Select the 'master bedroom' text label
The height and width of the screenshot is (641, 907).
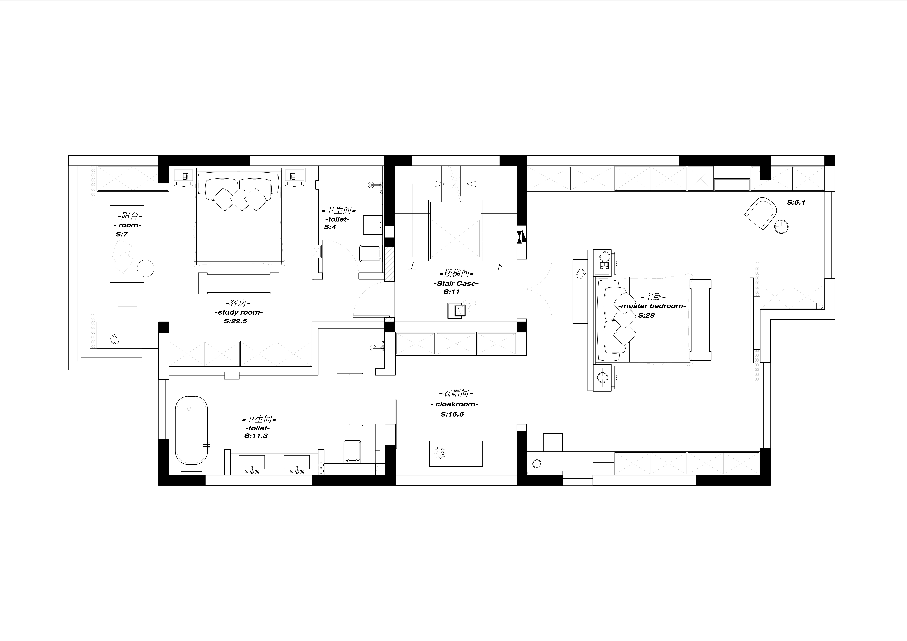[652, 306]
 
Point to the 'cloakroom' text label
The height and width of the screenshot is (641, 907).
[454, 404]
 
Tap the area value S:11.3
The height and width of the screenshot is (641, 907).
[256, 436]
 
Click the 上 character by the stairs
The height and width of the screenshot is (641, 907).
[412, 266]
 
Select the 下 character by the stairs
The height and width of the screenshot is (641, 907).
[500, 266]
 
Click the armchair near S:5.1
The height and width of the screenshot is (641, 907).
[760, 213]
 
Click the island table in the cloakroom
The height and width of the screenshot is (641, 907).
[456, 453]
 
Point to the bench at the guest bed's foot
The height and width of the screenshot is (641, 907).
[239, 283]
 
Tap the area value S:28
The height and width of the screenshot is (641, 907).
[646, 315]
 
